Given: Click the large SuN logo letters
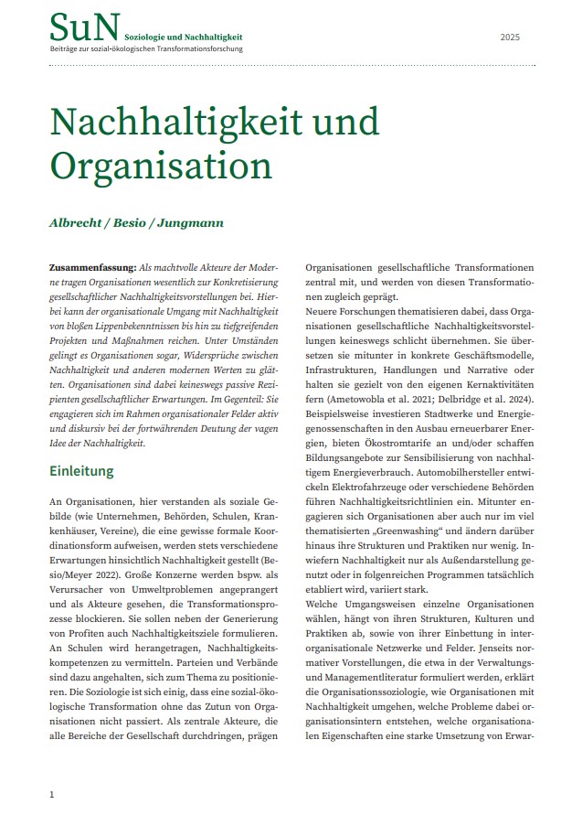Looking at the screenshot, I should (84, 27).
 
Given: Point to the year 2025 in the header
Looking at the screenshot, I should (509, 38).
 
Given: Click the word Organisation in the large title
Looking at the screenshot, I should (161, 166).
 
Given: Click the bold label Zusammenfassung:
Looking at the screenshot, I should (91, 267).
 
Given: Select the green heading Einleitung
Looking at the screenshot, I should (94, 472).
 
